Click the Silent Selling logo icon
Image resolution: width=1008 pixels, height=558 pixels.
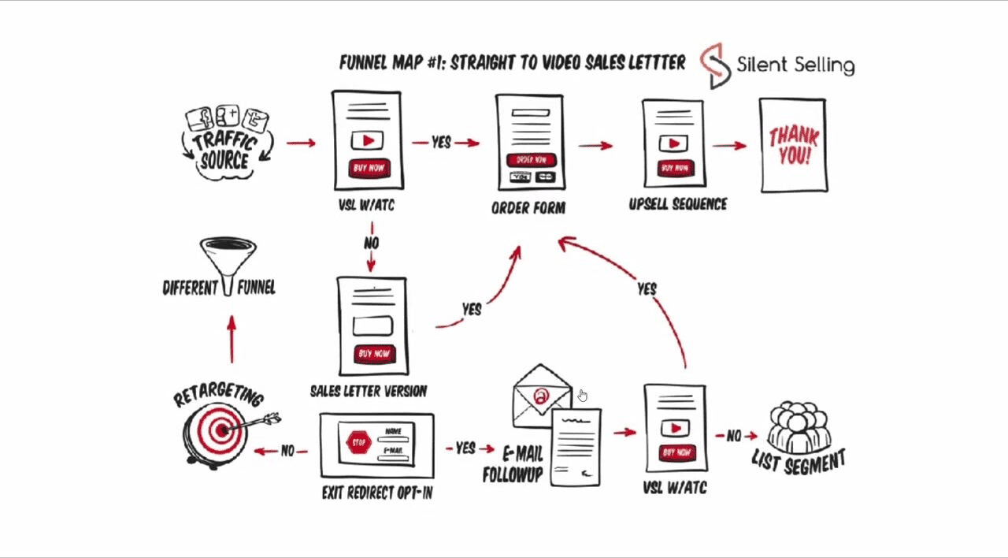pyautogui.click(x=715, y=65)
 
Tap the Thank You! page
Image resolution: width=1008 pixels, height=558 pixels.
pyautogui.click(x=793, y=145)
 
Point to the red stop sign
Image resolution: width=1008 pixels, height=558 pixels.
pyautogui.click(x=359, y=442)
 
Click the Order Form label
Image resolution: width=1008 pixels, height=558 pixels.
pyautogui.click(x=528, y=208)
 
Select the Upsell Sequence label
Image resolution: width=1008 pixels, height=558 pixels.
pyautogui.click(x=677, y=204)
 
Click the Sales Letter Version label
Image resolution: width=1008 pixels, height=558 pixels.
pyautogui.click(x=369, y=391)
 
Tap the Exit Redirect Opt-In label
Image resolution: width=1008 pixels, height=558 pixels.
pyautogui.click(x=377, y=493)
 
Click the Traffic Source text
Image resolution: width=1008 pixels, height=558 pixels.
pyautogui.click(x=225, y=151)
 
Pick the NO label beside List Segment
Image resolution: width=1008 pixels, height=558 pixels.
pyautogui.click(x=733, y=435)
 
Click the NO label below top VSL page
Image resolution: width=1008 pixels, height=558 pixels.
pyautogui.click(x=371, y=244)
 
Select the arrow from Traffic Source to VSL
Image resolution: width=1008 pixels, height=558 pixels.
pyautogui.click(x=301, y=143)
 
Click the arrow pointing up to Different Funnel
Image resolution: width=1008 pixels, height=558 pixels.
pyautogui.click(x=232, y=339)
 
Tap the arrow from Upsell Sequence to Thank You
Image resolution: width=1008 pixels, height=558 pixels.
pyautogui.click(x=729, y=145)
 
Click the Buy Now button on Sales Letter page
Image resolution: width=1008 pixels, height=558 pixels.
pyautogui.click(x=373, y=354)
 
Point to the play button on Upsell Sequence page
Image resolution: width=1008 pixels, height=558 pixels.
pyautogui.click(x=673, y=143)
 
